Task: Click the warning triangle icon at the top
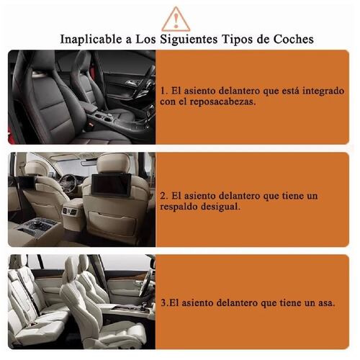(176, 18)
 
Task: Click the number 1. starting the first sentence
(164, 91)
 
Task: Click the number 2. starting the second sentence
(164, 195)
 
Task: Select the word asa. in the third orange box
(325, 304)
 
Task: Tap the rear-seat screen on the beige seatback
(112, 185)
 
